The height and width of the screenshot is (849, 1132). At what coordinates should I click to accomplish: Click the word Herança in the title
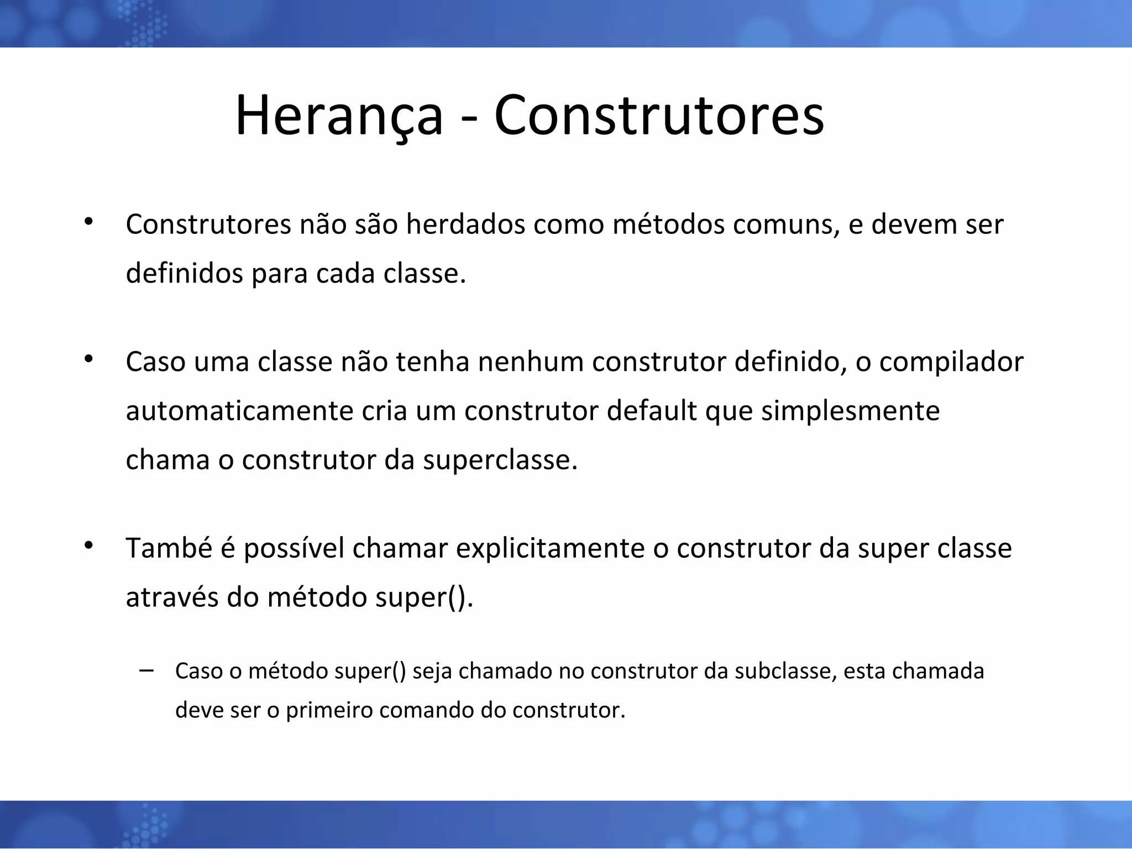tap(339, 116)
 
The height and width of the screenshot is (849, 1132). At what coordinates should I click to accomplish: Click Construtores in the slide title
tap(659, 116)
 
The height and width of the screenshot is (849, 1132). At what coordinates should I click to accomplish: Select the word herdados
tap(465, 224)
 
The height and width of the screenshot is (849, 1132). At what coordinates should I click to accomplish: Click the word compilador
tap(951, 363)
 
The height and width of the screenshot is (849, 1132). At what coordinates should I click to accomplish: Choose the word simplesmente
tap(850, 411)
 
